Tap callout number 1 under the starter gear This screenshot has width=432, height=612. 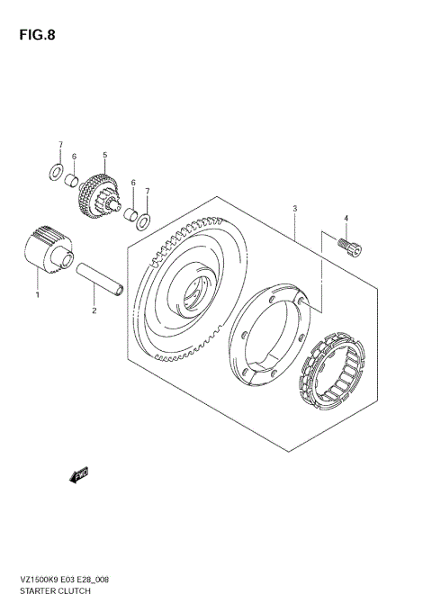(x=37, y=293)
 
